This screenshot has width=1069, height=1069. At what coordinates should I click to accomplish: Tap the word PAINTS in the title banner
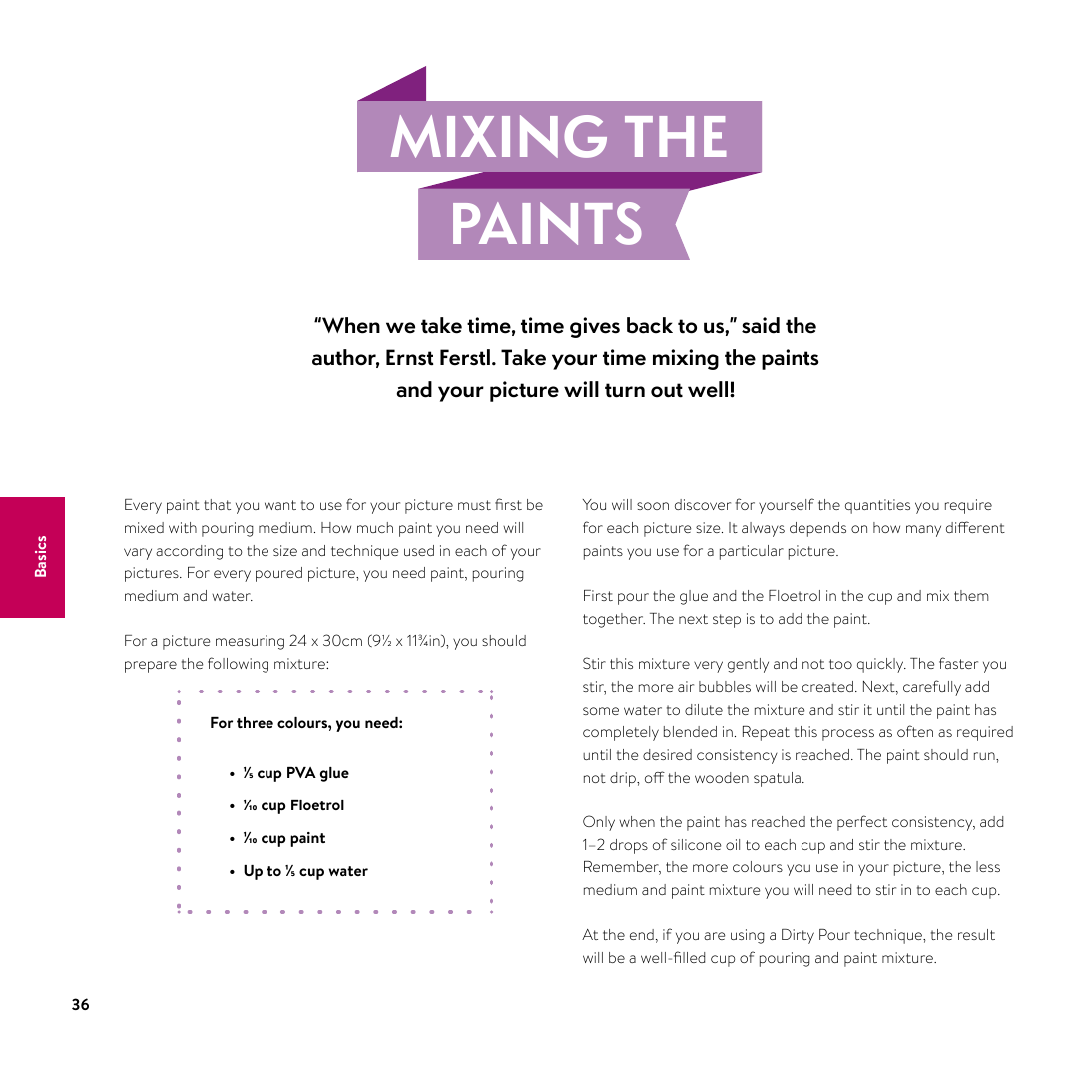tap(546, 224)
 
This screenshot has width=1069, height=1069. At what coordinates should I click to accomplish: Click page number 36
tap(80, 1005)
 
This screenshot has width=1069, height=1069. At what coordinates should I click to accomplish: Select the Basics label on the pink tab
tap(41, 556)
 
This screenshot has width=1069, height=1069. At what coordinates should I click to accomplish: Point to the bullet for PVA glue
tap(232, 774)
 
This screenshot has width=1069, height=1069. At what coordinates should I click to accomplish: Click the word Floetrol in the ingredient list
tap(317, 805)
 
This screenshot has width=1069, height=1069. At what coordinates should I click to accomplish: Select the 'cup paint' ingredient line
tap(293, 838)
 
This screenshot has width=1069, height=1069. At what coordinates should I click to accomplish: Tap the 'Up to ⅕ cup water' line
tap(305, 871)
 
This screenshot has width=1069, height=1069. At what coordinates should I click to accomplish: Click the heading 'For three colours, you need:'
tap(306, 723)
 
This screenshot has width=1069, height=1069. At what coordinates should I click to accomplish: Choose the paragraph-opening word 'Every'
tap(142, 505)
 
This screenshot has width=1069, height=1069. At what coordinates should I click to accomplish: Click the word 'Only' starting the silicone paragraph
tap(598, 822)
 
